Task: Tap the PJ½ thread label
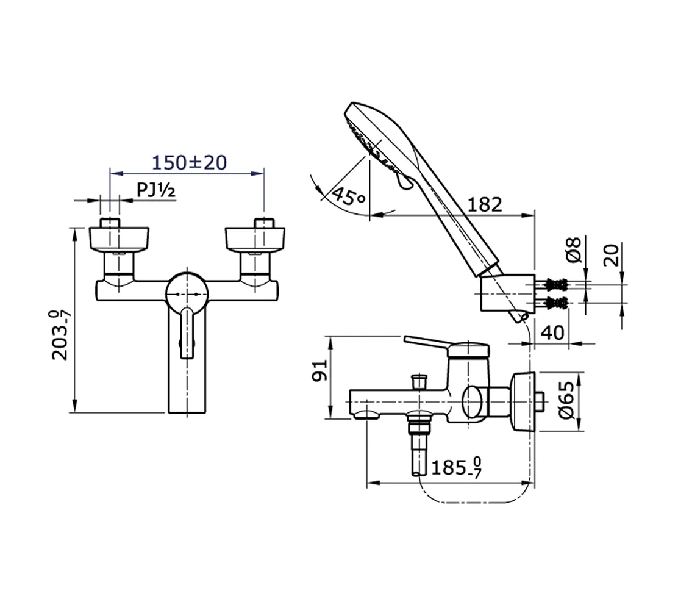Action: pyautogui.click(x=156, y=191)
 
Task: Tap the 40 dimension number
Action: pyautogui.click(x=552, y=333)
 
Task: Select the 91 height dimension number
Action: pyautogui.click(x=321, y=370)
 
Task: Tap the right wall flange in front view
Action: pyautogui.click(x=254, y=239)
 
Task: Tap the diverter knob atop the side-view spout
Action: pyautogui.click(x=419, y=382)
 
